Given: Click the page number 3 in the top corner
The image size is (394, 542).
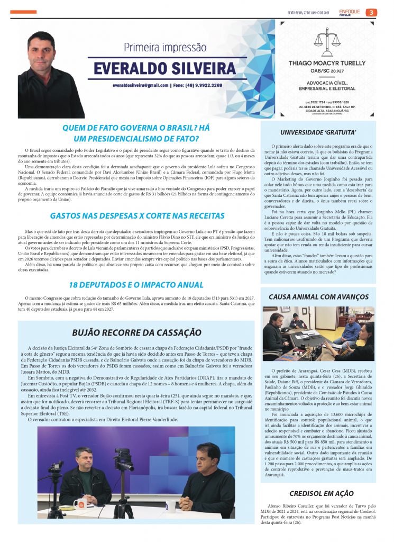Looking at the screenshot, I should tap(371, 12).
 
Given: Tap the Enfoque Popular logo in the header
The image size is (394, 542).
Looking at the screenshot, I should tap(350, 12).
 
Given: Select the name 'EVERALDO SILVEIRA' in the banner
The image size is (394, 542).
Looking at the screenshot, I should tap(164, 68).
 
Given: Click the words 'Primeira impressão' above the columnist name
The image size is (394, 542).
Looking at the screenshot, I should tap(165, 47).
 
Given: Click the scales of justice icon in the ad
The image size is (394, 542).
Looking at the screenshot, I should tap(326, 43).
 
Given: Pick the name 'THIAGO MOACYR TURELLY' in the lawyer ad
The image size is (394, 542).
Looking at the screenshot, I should tap(327, 63).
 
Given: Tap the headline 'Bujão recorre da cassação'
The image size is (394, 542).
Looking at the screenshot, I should tap(136, 332).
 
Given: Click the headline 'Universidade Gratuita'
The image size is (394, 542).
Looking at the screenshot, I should tap(318, 132).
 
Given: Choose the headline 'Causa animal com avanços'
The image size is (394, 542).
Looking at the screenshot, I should tap(318, 297).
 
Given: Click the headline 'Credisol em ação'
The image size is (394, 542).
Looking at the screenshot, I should tap(318, 494).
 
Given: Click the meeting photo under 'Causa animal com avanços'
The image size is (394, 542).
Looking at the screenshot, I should tap(318, 334).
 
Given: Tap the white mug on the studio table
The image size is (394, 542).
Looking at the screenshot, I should tap(77, 503).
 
